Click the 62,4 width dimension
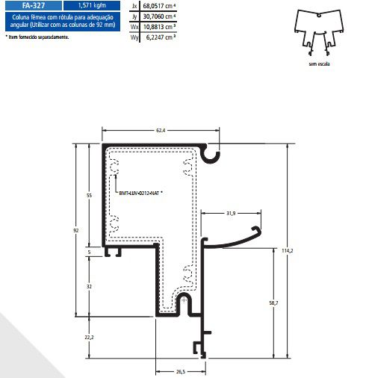tap(161, 131)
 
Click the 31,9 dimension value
tap(231, 214)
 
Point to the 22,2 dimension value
tap(90, 338)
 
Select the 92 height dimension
tap(76, 231)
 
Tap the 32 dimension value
tap(90, 286)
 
